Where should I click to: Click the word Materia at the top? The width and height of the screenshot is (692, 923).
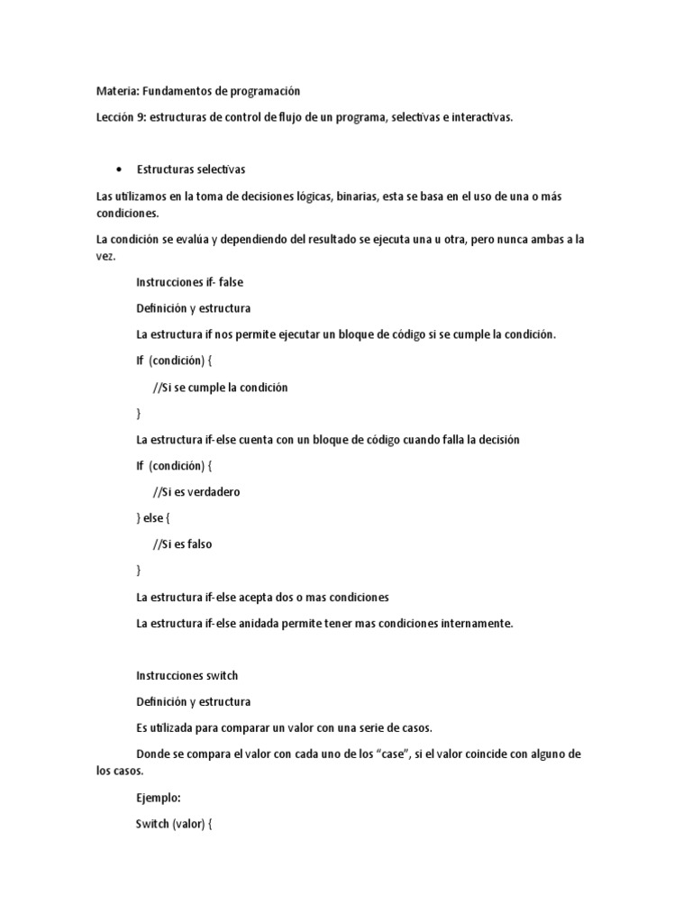tap(115, 91)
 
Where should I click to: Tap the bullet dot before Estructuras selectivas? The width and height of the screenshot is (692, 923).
tap(119, 169)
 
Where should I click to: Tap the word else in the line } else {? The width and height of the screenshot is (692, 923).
tap(155, 518)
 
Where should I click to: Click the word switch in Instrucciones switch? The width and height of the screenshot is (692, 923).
tap(222, 675)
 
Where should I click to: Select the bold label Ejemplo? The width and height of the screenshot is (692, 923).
tap(159, 798)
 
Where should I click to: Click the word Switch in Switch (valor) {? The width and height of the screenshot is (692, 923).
tap(153, 824)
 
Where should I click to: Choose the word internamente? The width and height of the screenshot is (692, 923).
tap(472, 623)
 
